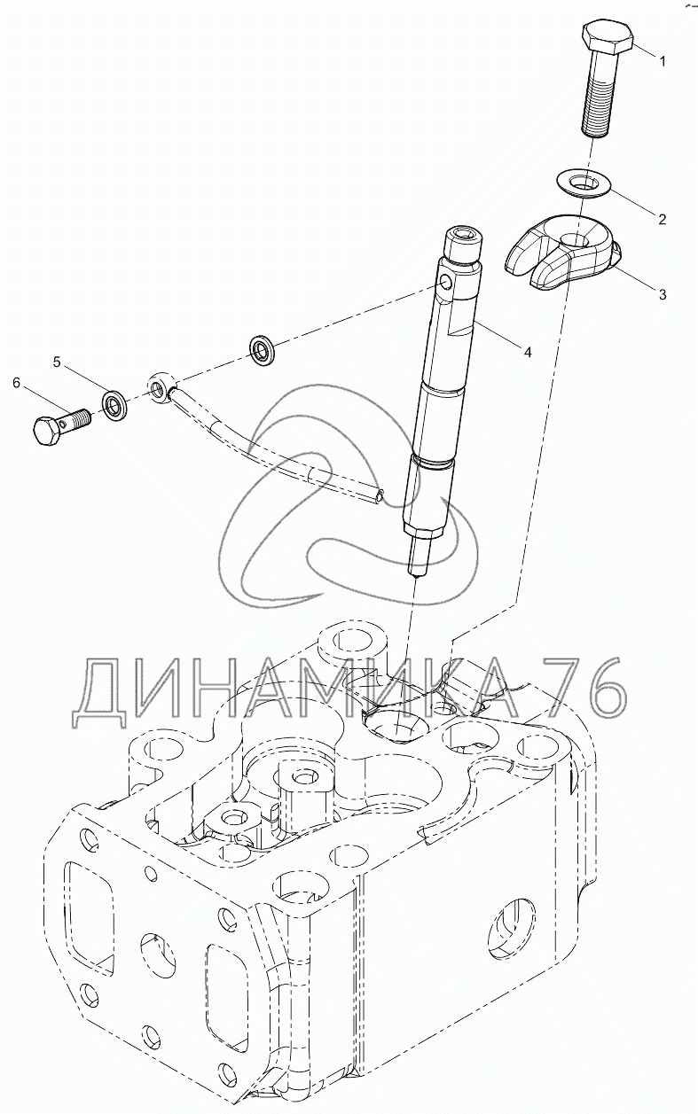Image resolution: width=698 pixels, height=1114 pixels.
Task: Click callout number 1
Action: pos(663,61)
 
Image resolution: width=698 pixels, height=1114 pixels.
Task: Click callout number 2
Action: pos(662,219)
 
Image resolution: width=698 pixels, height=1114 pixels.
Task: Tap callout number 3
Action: pos(663,294)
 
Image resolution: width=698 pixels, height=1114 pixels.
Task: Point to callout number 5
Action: pos(58,362)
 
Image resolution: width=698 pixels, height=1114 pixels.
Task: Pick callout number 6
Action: pos(17,383)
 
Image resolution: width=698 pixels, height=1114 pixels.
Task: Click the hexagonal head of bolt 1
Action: pos(607,36)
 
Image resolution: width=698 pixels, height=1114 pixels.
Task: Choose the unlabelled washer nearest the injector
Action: pos(263,347)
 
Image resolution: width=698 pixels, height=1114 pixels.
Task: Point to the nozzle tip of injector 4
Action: pos(415,575)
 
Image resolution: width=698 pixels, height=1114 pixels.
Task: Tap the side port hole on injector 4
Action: pos(447,283)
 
